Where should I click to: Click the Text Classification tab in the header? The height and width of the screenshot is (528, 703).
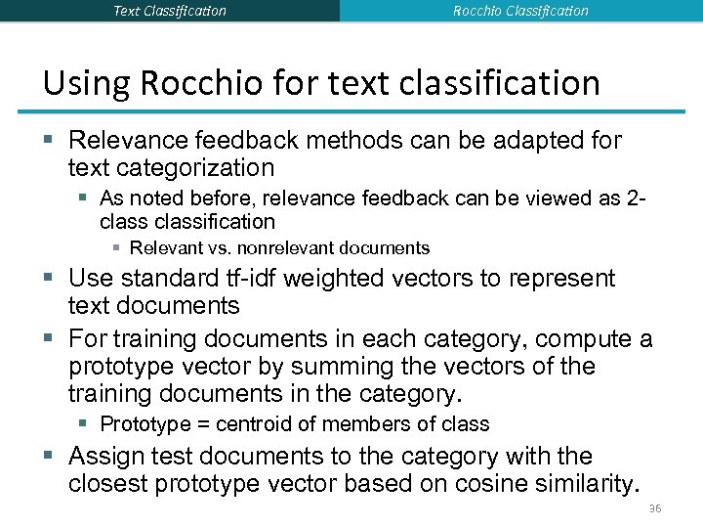(170, 11)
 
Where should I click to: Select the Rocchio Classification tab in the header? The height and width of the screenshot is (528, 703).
(520, 11)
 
